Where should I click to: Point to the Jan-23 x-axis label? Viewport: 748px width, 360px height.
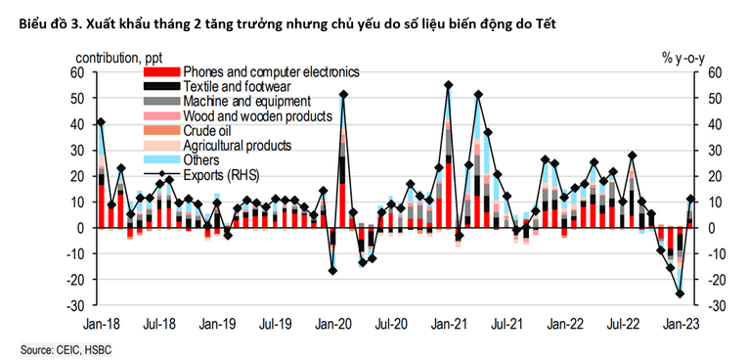click(681, 322)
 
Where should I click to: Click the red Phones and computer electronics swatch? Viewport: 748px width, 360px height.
click(161, 72)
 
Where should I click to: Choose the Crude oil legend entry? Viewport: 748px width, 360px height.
click(206, 130)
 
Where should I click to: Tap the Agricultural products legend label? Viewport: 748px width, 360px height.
click(237, 145)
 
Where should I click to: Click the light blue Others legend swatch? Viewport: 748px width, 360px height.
click(161, 159)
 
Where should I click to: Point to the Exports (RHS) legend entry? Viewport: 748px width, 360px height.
click(226, 174)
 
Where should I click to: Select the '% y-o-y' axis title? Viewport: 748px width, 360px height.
click(682, 59)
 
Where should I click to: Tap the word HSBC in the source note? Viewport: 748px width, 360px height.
click(100, 349)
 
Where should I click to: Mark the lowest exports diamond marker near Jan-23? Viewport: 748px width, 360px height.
click(681, 293)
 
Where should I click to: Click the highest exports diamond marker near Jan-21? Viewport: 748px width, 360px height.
click(448, 85)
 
